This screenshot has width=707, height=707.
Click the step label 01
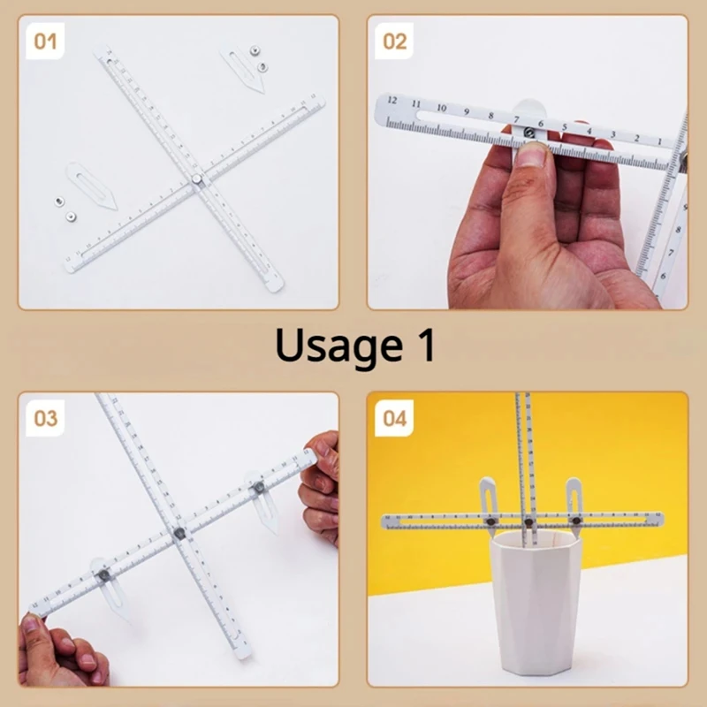point(46,41)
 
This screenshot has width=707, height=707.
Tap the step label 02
point(395,41)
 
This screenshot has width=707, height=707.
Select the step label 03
point(46,418)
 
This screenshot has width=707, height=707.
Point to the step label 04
point(395,418)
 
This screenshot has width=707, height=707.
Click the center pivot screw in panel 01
point(196,180)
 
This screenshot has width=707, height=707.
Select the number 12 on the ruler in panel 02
point(392,102)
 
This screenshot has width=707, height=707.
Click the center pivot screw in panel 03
point(179,533)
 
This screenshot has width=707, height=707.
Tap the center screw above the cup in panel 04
point(528,522)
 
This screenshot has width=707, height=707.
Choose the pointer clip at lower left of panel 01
point(93,185)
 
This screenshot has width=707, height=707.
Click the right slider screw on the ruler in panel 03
point(260,487)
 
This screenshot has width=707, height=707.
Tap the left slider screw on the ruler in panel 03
point(103,575)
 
